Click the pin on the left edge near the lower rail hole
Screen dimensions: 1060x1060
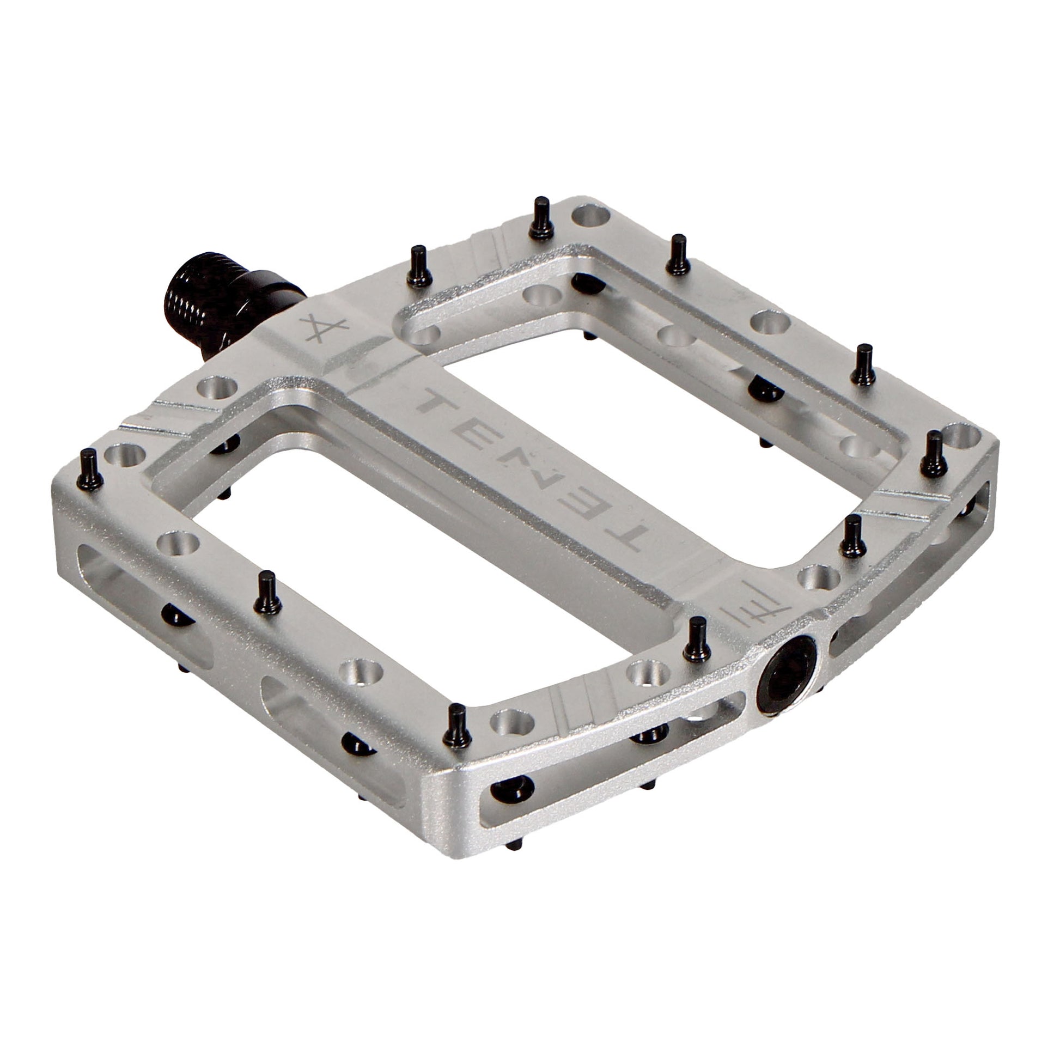(269, 592)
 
